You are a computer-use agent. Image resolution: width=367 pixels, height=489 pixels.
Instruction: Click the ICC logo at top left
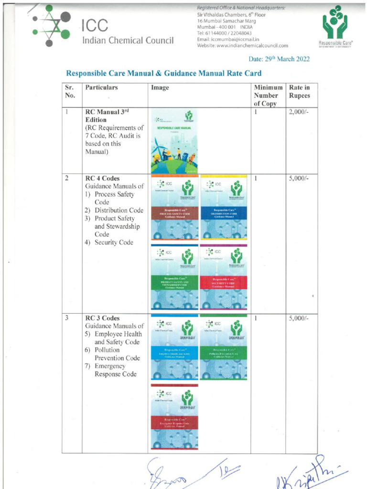pos(52,26)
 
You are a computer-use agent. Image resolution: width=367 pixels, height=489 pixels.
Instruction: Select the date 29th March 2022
pos(279,59)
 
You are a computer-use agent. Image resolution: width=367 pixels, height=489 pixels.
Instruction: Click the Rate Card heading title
pos(163,74)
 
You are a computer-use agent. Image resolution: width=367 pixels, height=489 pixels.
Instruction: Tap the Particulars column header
pos(101,88)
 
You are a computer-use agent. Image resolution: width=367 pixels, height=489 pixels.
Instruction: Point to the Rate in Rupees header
pos(299,92)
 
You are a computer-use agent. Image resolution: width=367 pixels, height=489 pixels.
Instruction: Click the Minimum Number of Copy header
pos(268,96)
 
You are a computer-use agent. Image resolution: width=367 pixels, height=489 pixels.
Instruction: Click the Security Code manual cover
pos(224,277)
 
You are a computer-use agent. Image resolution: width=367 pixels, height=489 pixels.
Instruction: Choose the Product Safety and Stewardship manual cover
pos(174,277)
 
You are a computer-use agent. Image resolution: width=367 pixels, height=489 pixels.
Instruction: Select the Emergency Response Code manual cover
pos(174,416)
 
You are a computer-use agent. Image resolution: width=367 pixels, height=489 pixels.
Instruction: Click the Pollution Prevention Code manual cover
pos(224,348)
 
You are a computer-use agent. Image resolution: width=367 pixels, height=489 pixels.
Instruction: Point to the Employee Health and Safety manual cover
pos(174,348)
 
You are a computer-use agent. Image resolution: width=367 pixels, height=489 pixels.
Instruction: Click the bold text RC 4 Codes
pos(102,179)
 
